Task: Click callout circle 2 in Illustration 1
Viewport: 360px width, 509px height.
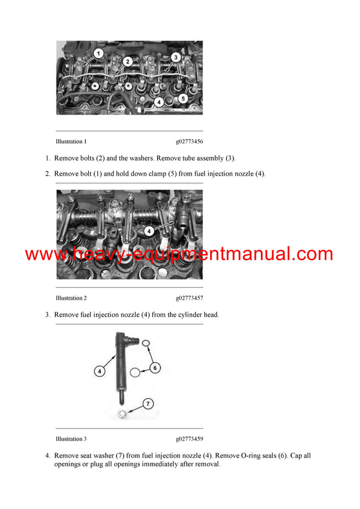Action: point(128,61)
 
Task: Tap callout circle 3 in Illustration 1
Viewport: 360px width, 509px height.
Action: point(176,58)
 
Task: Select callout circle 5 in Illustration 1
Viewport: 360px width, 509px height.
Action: point(184,98)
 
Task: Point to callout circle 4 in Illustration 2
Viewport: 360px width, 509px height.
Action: point(148,230)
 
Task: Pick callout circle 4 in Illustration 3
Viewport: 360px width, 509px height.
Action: point(100,371)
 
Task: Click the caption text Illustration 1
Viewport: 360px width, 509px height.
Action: point(71,141)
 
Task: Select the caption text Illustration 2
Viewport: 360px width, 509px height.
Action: point(71,298)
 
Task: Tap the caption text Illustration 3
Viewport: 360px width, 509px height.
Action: point(71,439)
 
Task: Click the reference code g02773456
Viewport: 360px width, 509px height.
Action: point(190,141)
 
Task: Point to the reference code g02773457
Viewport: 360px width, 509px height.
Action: point(190,298)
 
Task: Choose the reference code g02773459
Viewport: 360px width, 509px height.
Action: point(190,439)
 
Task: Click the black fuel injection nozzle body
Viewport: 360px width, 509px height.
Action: point(119,366)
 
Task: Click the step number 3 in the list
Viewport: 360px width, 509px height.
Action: point(47,314)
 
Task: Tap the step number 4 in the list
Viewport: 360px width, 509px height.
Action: point(47,456)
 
